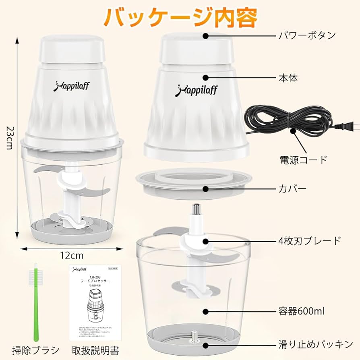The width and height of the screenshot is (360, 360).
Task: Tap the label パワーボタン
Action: coord(308,35)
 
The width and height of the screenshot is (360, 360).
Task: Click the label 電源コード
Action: coord(304,160)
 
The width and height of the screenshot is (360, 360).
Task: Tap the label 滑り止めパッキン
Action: coord(316,345)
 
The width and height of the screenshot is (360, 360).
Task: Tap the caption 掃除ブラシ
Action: coord(36,350)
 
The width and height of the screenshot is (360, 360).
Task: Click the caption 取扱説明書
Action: coord(96,350)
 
